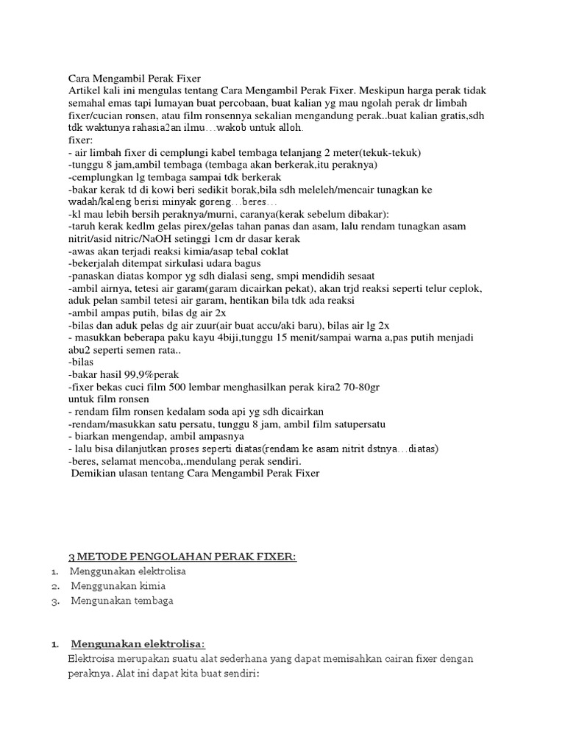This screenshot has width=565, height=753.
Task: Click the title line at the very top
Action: pyautogui.click(x=134, y=77)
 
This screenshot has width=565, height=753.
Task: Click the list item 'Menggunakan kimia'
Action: pyautogui.click(x=118, y=586)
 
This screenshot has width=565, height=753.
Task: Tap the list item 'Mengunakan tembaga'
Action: pyautogui.click(x=122, y=602)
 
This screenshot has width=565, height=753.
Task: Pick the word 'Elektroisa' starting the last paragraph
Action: pyautogui.click(x=92, y=659)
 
